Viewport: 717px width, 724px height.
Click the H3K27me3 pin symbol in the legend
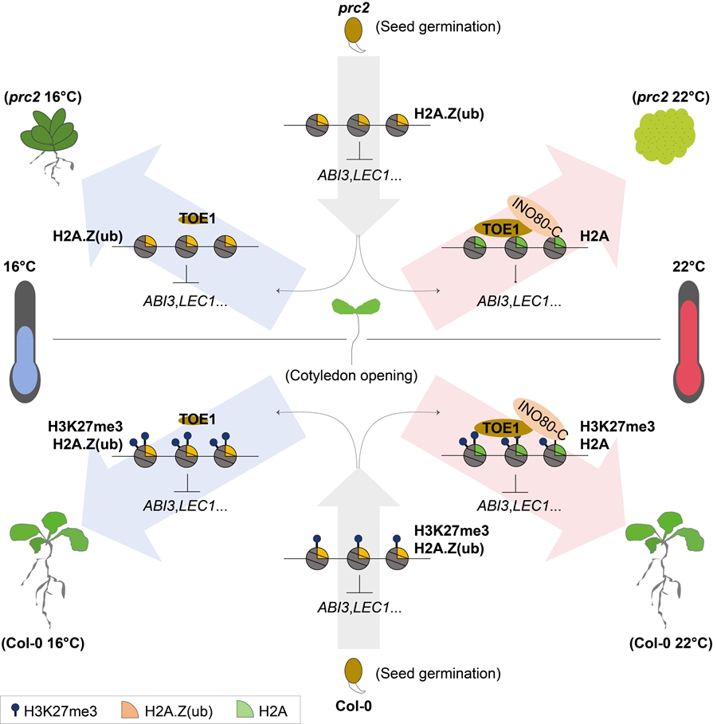point(16,706)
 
